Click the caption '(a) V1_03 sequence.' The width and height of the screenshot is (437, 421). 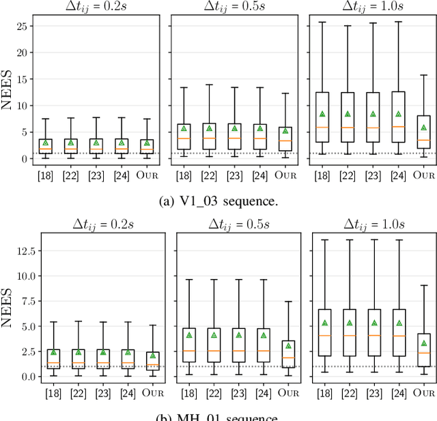[x=218, y=201]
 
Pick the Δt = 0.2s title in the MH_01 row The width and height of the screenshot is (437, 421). [x=102, y=223]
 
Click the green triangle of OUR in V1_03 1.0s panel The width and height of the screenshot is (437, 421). [x=423, y=128]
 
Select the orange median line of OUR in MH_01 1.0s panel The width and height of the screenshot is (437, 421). [x=423, y=353]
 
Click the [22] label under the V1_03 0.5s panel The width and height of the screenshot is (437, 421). [x=210, y=177]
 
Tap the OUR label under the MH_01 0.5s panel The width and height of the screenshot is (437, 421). [x=289, y=392]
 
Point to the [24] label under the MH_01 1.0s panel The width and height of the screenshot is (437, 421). [x=399, y=392]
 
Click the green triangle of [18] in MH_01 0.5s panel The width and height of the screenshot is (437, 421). [x=189, y=335]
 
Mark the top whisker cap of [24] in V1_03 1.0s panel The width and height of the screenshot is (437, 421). [x=399, y=22]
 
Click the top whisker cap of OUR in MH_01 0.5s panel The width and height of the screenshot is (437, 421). [x=289, y=302]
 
